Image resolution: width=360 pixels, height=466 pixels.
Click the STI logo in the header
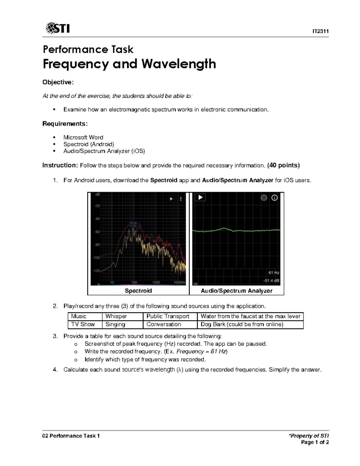pyautogui.click(x=58, y=28)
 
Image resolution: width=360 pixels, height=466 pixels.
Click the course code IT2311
pyautogui.click(x=320, y=31)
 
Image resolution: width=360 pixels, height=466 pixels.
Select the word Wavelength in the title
pyautogui.click(x=178, y=64)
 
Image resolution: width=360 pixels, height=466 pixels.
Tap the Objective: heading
pyautogui.click(x=58, y=82)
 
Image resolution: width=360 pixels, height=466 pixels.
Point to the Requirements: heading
pyautogui.click(x=65, y=124)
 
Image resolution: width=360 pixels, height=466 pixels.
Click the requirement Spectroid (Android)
pyautogui.click(x=88, y=144)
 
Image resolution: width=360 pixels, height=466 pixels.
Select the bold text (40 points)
pyautogui.click(x=283, y=165)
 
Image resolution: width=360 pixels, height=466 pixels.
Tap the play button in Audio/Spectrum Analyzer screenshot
pyautogui.click(x=200, y=197)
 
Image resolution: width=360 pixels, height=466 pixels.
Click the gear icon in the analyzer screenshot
pyautogui.click(x=264, y=198)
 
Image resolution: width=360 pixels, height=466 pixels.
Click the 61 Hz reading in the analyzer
pyautogui.click(x=274, y=273)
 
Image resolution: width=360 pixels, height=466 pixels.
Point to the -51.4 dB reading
pyautogui.click(x=271, y=281)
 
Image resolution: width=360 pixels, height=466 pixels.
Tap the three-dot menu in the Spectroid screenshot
pyautogui.click(x=181, y=199)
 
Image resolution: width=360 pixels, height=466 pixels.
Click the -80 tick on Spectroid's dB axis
pyautogui.click(x=97, y=245)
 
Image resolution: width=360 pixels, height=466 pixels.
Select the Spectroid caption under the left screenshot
pyautogui.click(x=138, y=291)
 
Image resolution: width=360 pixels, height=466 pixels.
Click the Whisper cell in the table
pyautogui.click(x=116, y=316)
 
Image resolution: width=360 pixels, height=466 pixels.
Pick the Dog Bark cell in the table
pyautogui.click(x=242, y=324)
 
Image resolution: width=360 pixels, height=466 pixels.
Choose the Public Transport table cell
pyautogui.click(x=168, y=316)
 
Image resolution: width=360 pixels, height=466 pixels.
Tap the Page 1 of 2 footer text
pyautogui.click(x=315, y=442)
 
